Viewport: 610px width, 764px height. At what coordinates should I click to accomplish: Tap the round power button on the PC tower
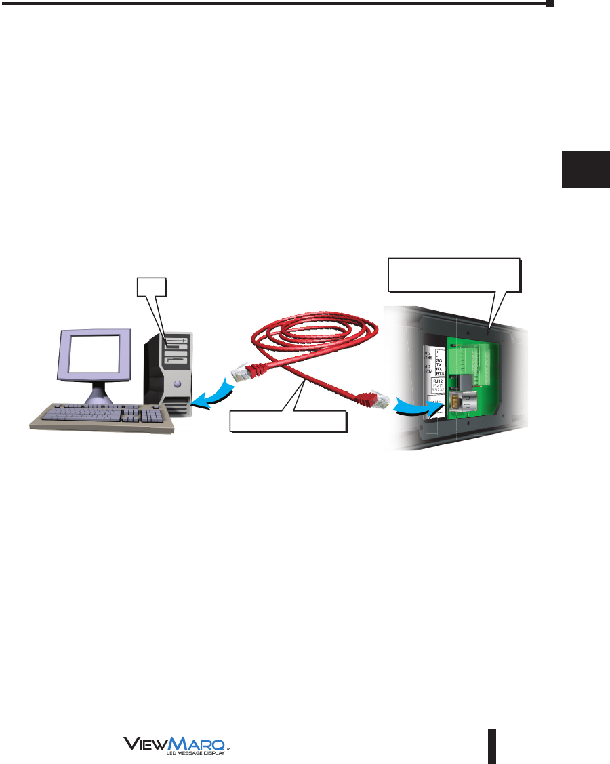point(178,384)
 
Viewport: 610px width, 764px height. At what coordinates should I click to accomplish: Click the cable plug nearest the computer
point(245,372)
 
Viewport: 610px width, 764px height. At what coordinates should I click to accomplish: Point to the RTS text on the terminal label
point(439,373)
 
